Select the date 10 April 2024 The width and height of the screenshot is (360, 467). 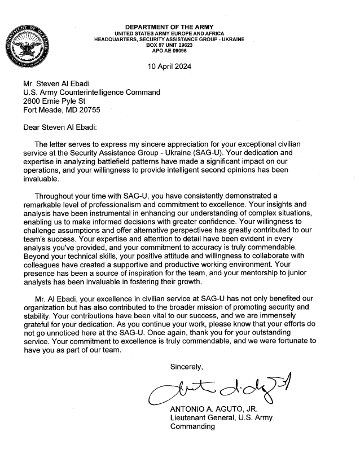169,67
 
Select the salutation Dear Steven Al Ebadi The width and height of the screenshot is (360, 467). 64,127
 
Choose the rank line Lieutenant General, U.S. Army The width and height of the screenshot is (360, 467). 221,418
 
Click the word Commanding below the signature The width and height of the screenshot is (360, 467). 192,427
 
